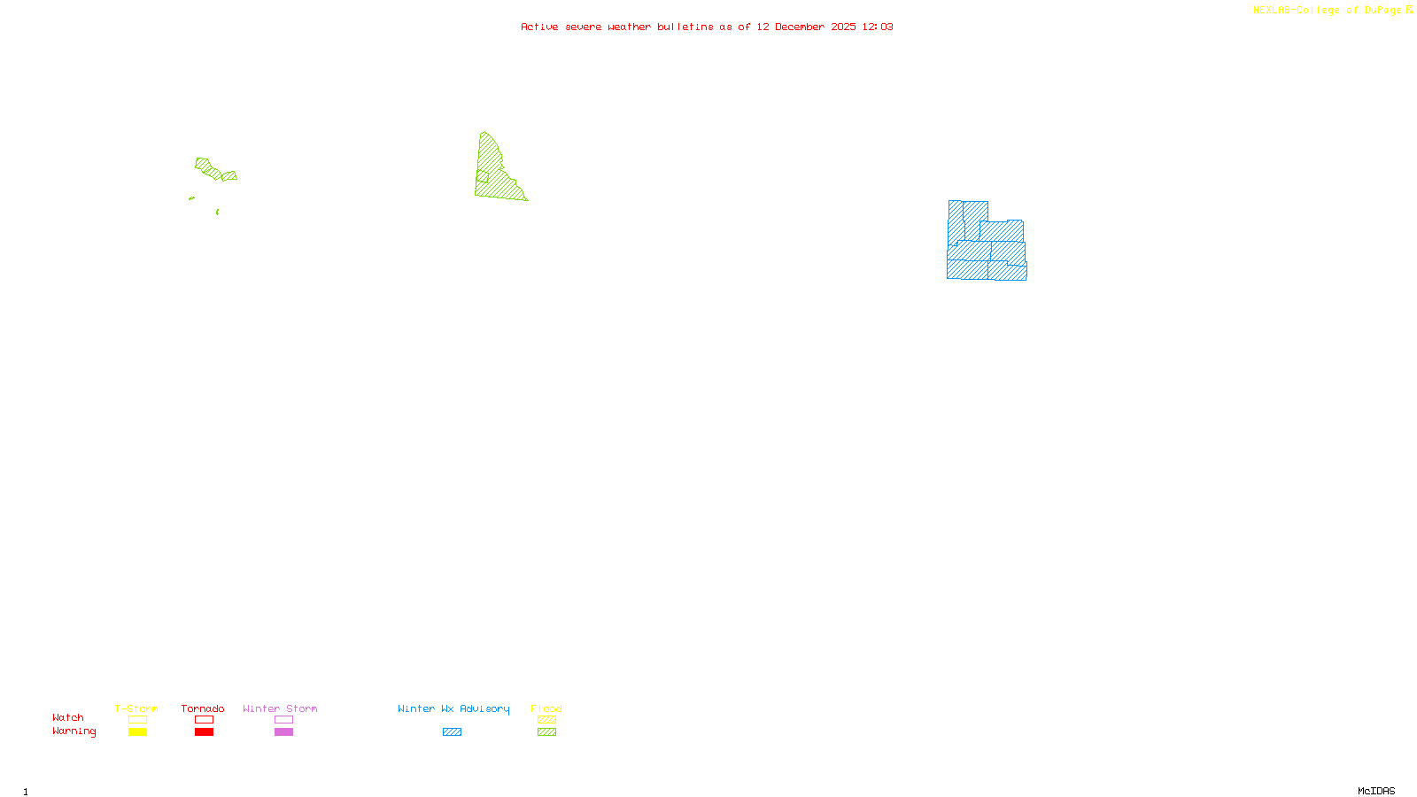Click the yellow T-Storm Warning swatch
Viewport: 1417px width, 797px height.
click(137, 732)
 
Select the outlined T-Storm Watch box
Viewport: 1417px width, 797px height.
click(137, 720)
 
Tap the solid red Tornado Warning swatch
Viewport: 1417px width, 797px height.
click(204, 732)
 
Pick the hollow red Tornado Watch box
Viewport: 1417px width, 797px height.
click(204, 720)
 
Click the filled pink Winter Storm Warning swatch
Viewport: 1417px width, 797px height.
click(283, 732)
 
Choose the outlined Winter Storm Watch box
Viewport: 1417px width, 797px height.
click(283, 720)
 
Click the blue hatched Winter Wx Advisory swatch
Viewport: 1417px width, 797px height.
click(452, 732)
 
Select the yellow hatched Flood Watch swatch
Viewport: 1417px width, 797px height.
click(546, 720)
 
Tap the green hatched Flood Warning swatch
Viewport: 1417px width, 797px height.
click(546, 732)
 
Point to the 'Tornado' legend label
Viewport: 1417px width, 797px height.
click(203, 708)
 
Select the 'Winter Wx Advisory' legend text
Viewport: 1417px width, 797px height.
click(453, 708)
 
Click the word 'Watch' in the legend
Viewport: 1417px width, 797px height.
click(68, 717)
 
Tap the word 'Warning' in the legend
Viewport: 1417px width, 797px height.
click(74, 731)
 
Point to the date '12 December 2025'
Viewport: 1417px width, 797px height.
click(806, 27)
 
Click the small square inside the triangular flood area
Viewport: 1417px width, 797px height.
click(483, 177)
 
